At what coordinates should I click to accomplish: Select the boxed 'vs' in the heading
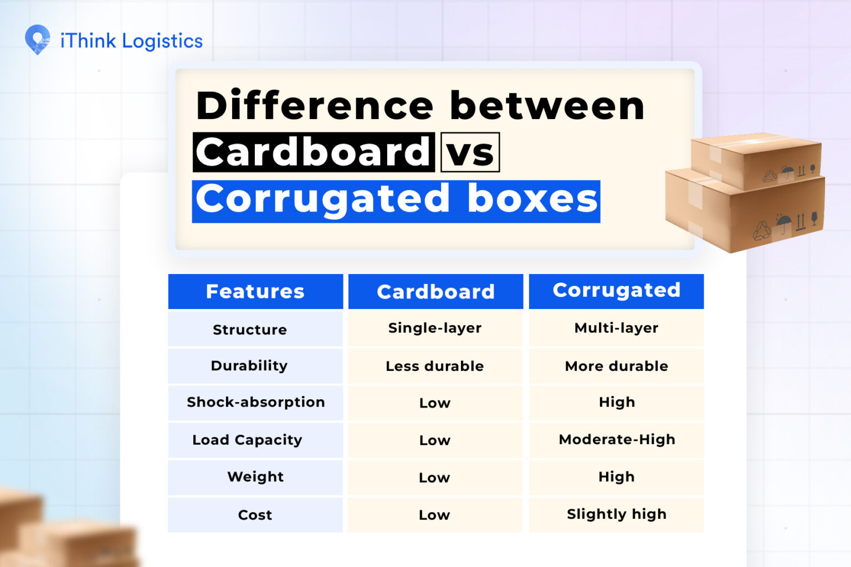click(x=470, y=152)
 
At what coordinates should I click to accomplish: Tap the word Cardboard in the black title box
click(x=314, y=152)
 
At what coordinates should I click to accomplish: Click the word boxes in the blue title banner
click(x=532, y=199)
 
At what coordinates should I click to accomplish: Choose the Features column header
click(x=255, y=291)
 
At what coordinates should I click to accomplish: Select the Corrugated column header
click(x=616, y=290)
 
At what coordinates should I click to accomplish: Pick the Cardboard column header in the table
click(x=435, y=292)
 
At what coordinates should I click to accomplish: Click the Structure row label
click(x=250, y=329)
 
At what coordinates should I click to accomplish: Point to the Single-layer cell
click(x=435, y=328)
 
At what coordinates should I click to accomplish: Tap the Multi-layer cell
click(x=616, y=328)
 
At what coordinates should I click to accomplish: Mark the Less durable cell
click(x=435, y=366)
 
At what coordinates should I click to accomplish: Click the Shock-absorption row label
click(x=255, y=402)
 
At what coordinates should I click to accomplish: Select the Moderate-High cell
click(x=617, y=440)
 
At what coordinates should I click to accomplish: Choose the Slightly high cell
click(x=616, y=514)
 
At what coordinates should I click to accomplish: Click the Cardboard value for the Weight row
click(x=434, y=477)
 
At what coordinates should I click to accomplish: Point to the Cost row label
click(x=255, y=515)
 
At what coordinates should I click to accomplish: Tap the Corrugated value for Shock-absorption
click(x=617, y=402)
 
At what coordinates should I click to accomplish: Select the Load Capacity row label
click(x=247, y=440)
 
